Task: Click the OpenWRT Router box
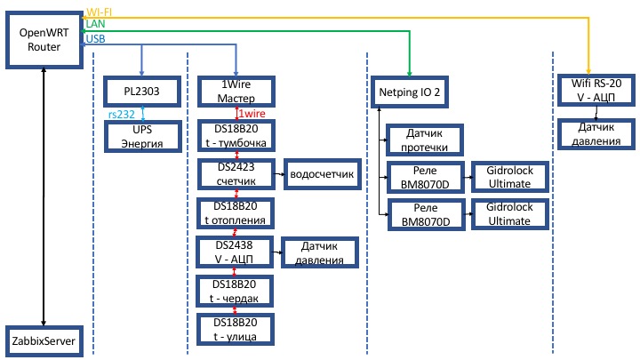[x=44, y=40]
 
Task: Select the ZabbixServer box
[x=44, y=341]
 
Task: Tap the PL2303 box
[x=141, y=92]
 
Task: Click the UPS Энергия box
[x=142, y=137]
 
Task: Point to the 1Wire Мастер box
[x=236, y=92]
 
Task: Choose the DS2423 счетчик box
[x=236, y=174]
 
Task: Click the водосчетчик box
[x=322, y=174]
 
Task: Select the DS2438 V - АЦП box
[x=235, y=252]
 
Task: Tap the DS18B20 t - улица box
[x=235, y=330]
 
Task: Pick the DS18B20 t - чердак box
[x=235, y=292]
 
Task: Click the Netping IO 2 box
[x=410, y=92]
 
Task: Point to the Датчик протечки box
[x=425, y=140]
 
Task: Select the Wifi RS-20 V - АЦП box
[x=596, y=90]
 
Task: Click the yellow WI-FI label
[x=100, y=12]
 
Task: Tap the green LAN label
[x=95, y=24]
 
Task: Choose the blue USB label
[x=95, y=39]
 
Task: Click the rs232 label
[x=121, y=115]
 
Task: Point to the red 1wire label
[x=252, y=114]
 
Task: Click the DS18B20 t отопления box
[x=235, y=213]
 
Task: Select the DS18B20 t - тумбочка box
[x=236, y=136]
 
